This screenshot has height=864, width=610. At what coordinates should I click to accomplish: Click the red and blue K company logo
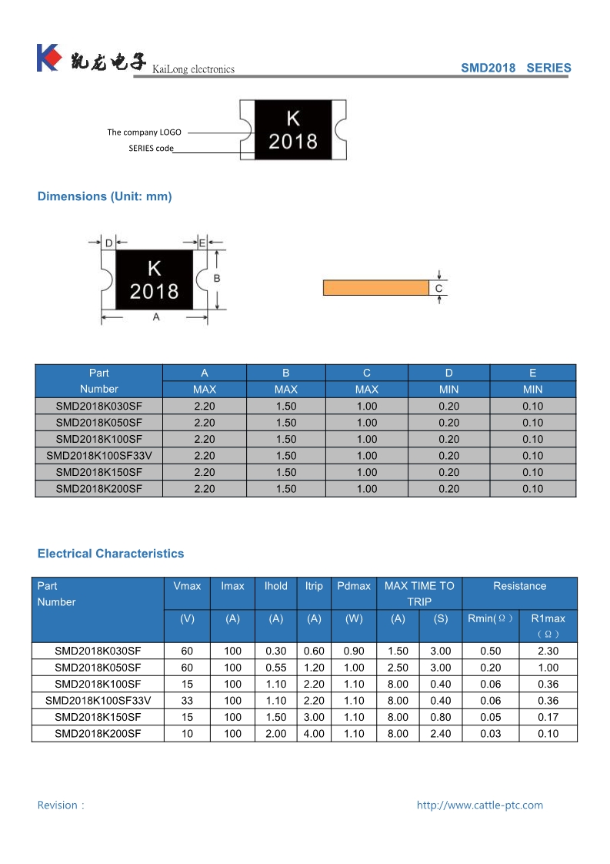pos(48,59)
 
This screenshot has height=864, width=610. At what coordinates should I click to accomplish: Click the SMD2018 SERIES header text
pos(515,68)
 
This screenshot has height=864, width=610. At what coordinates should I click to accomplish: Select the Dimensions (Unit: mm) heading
pos(105,196)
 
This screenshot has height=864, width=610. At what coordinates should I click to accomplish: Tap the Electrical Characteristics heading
pos(111,554)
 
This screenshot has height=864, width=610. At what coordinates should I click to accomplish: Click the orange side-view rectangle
pos(375,288)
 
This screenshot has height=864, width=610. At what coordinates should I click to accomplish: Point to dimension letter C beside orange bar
pos(438,289)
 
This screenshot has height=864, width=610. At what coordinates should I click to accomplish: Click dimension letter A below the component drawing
pos(156,317)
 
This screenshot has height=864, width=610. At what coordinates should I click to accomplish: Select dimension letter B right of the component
pos(217,278)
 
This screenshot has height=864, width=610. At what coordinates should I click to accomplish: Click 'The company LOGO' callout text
pos(144,132)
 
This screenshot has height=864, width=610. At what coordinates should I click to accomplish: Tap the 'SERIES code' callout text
pos(151,148)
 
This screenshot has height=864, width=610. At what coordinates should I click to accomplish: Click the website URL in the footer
pos(479,805)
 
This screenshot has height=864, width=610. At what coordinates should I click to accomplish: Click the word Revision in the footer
pos(58,805)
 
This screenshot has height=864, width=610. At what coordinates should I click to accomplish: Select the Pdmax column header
pos(354,586)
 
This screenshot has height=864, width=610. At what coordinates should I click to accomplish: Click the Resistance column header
pos(519,586)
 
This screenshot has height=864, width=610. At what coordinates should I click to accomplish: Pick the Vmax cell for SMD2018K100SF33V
pos(187,701)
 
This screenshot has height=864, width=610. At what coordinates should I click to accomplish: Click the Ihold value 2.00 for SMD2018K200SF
pos(275,734)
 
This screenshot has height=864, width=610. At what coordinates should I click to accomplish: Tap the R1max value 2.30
pos(548,651)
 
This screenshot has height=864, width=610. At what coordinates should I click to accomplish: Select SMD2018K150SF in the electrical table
pos(98,717)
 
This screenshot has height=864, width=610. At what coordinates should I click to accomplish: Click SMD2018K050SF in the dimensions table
pos(99,423)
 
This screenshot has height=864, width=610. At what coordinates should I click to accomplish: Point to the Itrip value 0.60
pos(314,651)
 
